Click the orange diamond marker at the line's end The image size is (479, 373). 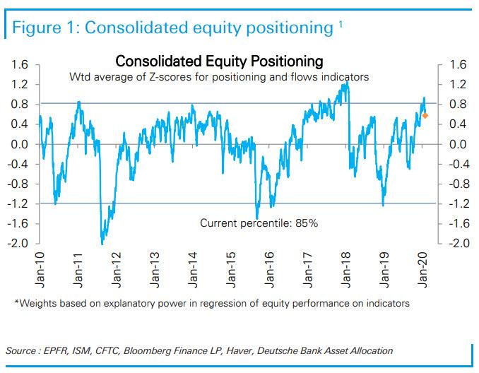tap(425, 115)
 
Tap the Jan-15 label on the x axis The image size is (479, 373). tap(232, 269)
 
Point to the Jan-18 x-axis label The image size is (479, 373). tap(346, 269)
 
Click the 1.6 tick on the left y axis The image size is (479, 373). tap(20, 65)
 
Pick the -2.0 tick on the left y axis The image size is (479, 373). tap(18, 243)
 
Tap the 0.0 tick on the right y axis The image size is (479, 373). tap(456, 144)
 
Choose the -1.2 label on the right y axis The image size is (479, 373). tap(456, 203)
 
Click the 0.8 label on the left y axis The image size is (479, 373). tap(20, 105)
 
